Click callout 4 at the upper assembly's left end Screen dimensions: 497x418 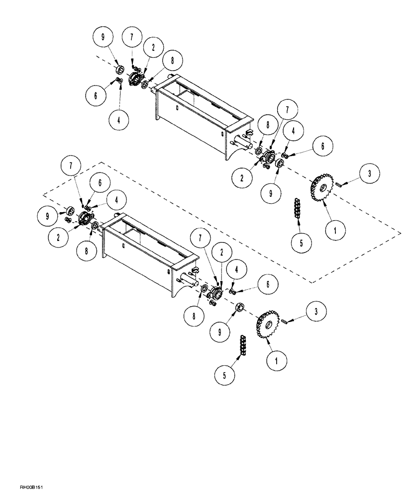(x=118, y=119)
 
